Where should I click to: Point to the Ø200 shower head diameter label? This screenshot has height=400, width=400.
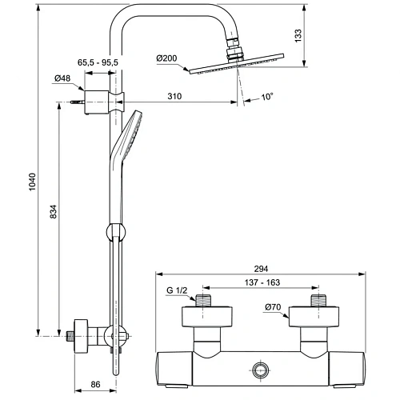(x=168, y=58)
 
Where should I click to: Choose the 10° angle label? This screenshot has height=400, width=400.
(x=266, y=97)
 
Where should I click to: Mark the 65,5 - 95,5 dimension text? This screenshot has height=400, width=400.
(x=98, y=62)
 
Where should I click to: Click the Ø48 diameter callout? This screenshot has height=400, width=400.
(x=62, y=78)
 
